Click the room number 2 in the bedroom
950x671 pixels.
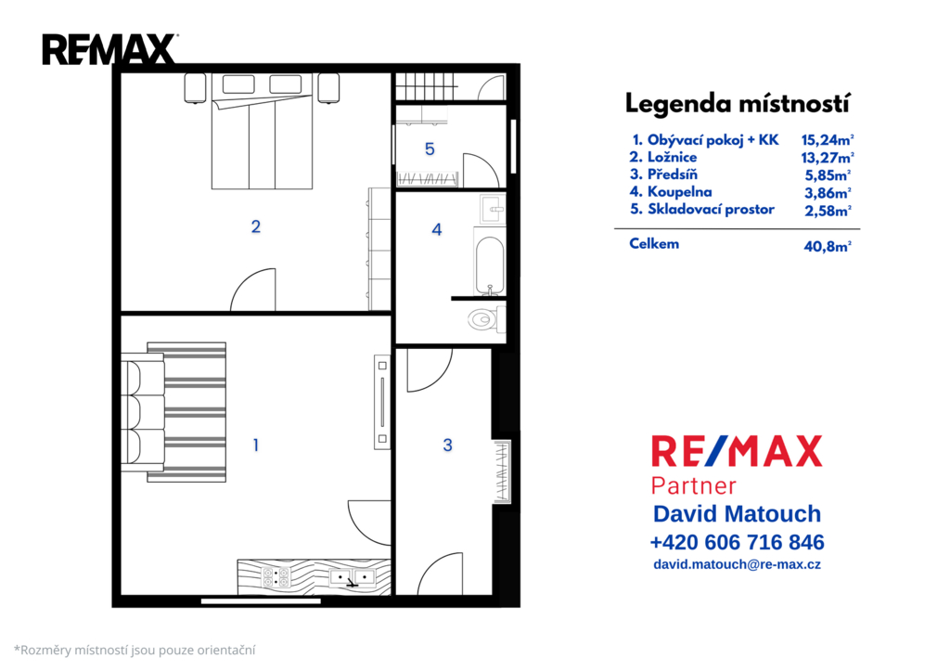[256, 226]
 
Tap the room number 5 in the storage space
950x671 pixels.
[430, 149]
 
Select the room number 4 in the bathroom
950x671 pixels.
[437, 230]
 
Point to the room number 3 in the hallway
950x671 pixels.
[447, 445]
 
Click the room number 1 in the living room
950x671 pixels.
[256, 445]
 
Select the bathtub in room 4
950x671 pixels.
[489, 262]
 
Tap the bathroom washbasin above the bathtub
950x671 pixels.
[492, 210]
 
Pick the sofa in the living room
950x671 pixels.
[142, 412]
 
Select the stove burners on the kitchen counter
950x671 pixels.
[276, 577]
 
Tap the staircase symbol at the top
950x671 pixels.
[425, 86]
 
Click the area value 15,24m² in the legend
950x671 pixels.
[827, 140]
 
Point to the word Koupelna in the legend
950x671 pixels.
[679, 192]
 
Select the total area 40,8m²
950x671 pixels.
[827, 246]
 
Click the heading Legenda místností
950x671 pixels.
[737, 104]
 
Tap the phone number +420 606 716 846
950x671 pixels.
[737, 542]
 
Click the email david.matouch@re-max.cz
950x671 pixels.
[737, 564]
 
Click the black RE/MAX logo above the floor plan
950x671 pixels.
[109, 49]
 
